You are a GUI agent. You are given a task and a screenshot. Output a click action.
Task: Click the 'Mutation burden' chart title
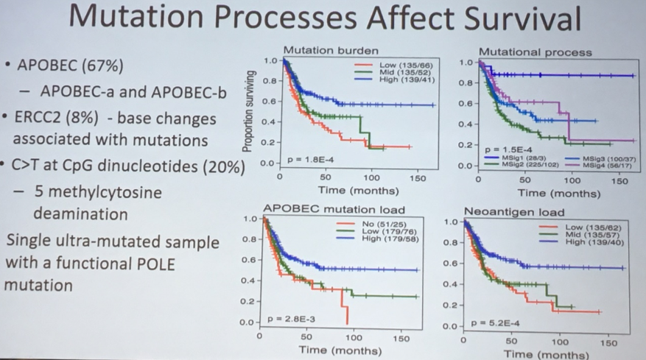331,51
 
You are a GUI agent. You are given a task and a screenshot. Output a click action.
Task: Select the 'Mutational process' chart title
535,52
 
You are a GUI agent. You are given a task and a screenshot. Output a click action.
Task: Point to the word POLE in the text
158,264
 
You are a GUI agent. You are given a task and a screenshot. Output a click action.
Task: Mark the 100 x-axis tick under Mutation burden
371,177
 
